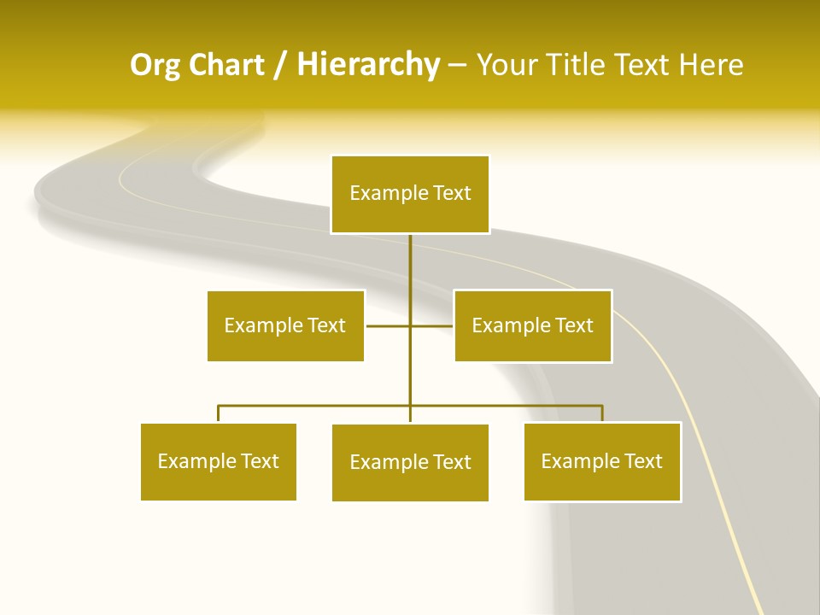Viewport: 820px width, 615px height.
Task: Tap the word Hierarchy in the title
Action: tap(368, 65)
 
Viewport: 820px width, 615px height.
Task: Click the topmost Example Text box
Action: tap(410, 194)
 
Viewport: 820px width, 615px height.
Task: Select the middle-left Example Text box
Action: tap(285, 325)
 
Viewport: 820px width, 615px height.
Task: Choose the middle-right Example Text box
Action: tap(532, 325)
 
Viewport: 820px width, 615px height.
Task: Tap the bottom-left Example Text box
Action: tap(218, 461)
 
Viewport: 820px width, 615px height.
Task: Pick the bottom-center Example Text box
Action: tap(410, 462)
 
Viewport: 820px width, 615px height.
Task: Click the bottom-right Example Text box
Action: tap(601, 461)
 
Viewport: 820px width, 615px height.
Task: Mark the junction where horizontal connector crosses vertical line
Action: tap(410, 325)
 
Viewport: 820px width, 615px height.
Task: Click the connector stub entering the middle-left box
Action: tap(376, 325)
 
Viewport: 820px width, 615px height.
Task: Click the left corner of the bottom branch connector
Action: tap(219, 406)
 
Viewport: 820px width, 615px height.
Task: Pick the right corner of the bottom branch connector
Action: tap(602, 406)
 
